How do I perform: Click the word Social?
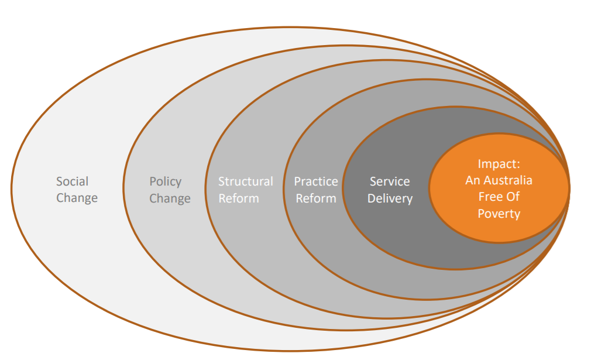72,181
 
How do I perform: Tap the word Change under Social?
77,198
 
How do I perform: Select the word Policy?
165,182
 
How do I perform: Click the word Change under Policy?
170,198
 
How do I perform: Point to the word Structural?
245,181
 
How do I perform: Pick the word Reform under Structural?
239,198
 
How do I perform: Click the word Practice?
315,181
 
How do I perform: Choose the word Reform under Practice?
316,198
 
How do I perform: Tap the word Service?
390,181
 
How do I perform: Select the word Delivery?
390,198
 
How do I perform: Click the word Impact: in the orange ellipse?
499,164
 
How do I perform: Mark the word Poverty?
499,214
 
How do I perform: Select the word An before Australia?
472,180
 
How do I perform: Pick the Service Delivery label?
390,190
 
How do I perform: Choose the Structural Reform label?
245,190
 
